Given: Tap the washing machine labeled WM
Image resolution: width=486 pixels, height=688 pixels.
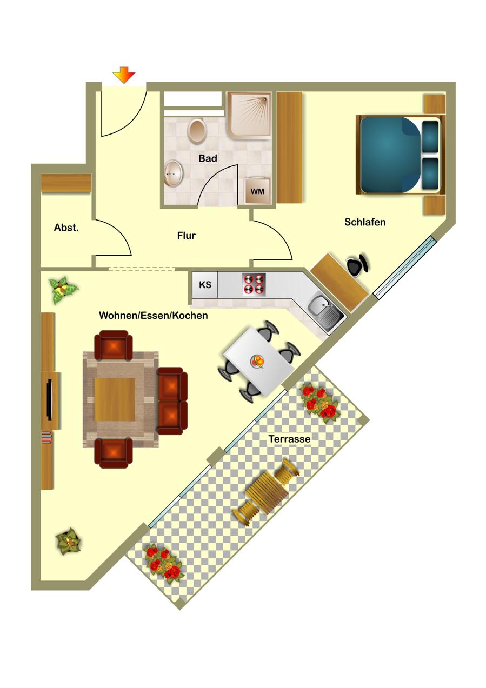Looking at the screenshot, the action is click(257, 191).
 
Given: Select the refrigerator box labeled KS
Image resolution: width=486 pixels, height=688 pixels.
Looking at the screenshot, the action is click(204, 284).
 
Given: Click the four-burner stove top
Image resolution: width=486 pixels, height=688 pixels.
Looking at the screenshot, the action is click(254, 284).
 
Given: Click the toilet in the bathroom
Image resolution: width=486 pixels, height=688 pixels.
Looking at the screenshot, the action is click(197, 131).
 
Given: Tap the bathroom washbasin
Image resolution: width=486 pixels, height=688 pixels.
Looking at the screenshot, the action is click(174, 174).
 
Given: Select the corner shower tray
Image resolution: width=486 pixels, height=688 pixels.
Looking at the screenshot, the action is click(249, 117).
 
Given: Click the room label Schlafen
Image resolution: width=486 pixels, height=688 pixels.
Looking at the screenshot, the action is click(365, 222).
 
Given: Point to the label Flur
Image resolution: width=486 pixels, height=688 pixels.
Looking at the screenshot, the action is click(187, 236).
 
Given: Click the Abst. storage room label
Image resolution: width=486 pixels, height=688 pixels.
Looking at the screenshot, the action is click(66, 228).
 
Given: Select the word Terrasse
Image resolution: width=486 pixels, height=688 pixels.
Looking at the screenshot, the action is click(289, 439).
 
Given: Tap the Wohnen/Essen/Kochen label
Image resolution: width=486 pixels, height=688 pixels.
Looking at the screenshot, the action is click(154, 316).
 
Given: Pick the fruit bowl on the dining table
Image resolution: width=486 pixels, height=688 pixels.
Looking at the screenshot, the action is click(257, 361).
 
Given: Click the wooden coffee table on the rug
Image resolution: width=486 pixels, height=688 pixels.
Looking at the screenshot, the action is click(115, 399).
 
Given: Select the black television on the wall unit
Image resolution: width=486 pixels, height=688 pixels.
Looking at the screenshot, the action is click(49, 399).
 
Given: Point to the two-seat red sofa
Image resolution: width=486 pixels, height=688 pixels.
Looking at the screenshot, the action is click(172, 401).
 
